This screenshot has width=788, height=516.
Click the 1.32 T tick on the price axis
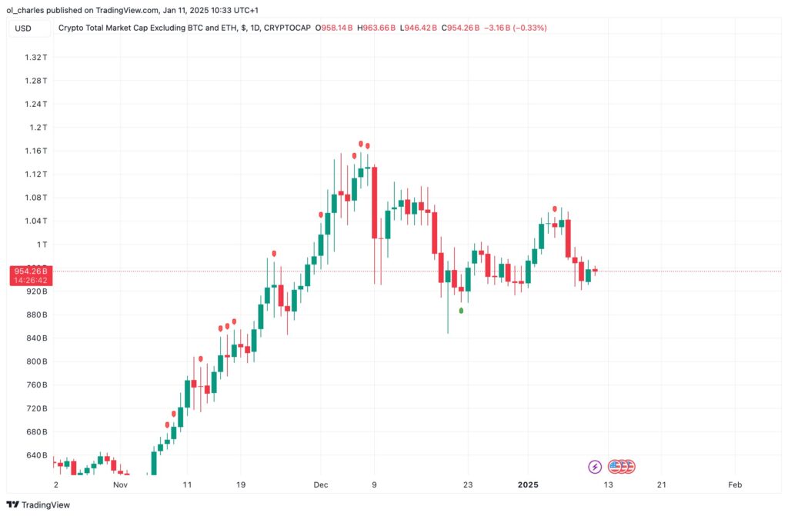pyautogui.click(x=35, y=57)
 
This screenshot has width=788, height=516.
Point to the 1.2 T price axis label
pyautogui.click(x=38, y=127)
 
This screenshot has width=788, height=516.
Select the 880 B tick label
pyautogui.click(x=35, y=315)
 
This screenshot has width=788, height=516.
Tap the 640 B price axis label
pyautogui.click(x=35, y=455)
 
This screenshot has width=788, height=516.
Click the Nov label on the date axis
pyautogui.click(x=120, y=485)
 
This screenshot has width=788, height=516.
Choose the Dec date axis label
pyautogui.click(x=321, y=485)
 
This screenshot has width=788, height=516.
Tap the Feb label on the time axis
pyautogui.click(x=735, y=485)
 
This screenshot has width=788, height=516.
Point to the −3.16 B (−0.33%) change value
pyautogui.click(x=516, y=28)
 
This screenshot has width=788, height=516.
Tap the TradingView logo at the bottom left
pyautogui.click(x=38, y=504)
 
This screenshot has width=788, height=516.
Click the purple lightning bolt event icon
pyautogui.click(x=595, y=466)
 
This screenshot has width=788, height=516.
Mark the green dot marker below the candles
pyautogui.click(x=461, y=311)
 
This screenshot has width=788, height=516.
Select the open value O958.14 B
pyautogui.click(x=334, y=28)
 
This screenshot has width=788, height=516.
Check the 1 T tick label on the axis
pyautogui.click(x=41, y=245)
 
